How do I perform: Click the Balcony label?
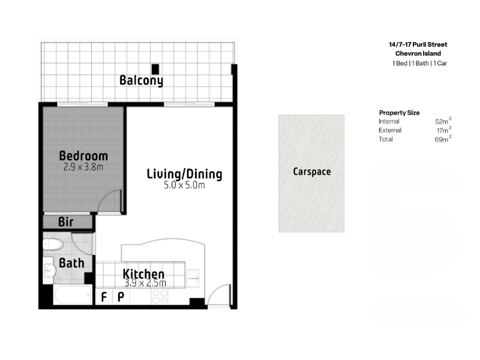(141, 80)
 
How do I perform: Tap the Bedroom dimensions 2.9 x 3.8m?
(83, 167)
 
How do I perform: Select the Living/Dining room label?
(184, 174)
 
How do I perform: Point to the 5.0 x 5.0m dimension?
(184, 185)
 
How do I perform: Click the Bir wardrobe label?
(66, 222)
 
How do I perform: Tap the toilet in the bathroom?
(53, 244)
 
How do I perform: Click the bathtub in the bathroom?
(73, 295)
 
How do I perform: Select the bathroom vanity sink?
(49, 270)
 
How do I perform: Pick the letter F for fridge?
(104, 297)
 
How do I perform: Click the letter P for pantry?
(121, 297)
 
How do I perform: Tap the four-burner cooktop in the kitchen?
(160, 296)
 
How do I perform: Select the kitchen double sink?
(193, 278)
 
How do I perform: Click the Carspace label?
(311, 172)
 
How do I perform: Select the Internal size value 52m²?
(443, 121)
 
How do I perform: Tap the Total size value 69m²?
(443, 139)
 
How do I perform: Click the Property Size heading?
(399, 113)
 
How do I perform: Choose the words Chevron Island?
(418, 53)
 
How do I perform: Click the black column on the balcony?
(155, 69)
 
